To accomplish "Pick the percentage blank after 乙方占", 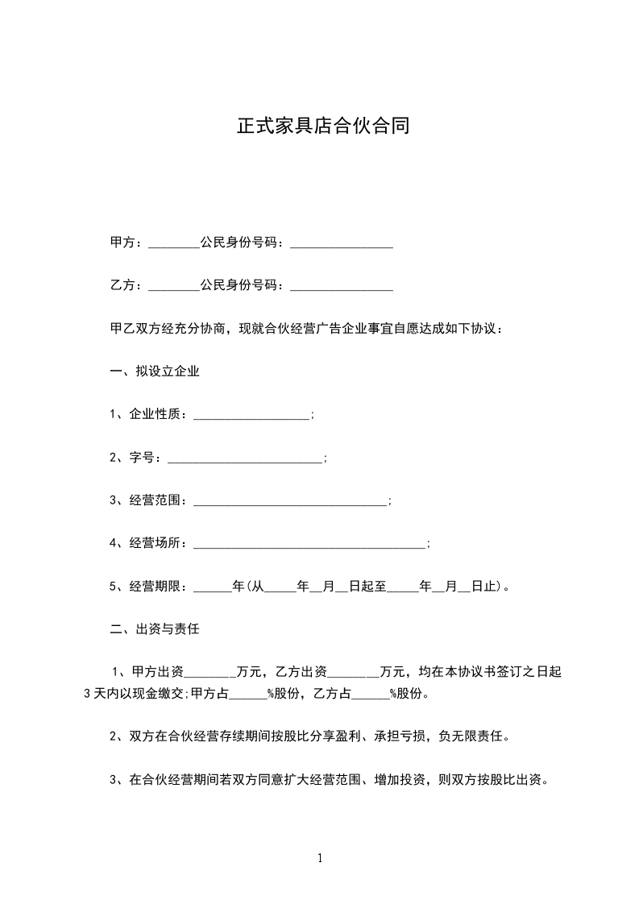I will [371, 695].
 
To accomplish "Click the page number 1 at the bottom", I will [320, 858].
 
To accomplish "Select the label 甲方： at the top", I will [127, 243].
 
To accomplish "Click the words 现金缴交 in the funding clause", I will [160, 695].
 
